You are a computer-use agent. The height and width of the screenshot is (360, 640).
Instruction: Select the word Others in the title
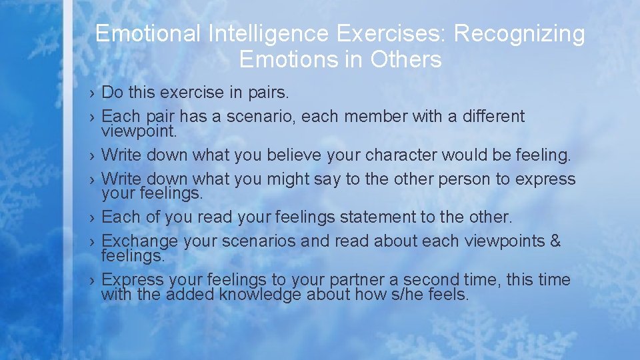406,60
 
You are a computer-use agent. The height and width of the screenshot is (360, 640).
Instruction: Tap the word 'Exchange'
139,241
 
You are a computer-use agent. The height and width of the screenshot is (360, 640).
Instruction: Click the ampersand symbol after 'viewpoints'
555,241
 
